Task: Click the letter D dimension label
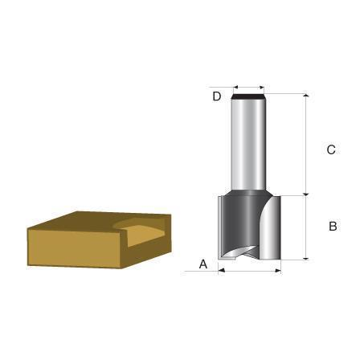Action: pyautogui.click(x=217, y=96)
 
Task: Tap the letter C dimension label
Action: pyautogui.click(x=331, y=149)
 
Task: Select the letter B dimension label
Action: pyautogui.click(x=333, y=227)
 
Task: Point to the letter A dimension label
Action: pyautogui.click(x=203, y=264)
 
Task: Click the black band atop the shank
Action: pyautogui.click(x=248, y=96)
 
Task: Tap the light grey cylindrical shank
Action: pyautogui.click(x=248, y=145)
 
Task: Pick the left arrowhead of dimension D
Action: pyautogui.click(x=235, y=88)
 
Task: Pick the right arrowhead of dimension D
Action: pyautogui.click(x=262, y=88)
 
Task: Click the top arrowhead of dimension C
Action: pyautogui.click(x=306, y=96)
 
